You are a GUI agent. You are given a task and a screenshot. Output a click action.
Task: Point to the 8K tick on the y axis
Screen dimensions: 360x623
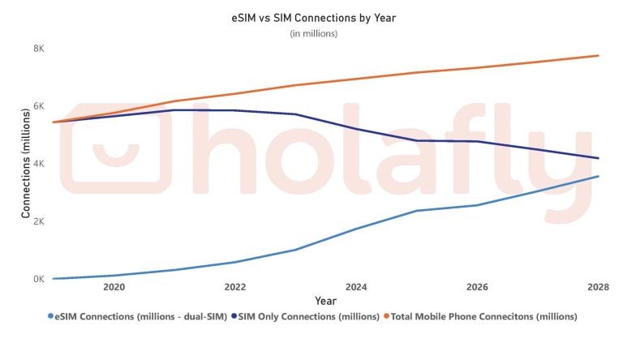[x=38, y=49]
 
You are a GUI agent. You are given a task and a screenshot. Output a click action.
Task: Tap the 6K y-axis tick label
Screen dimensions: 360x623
[x=38, y=106]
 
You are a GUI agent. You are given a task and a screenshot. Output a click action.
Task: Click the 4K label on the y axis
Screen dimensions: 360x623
[x=38, y=164]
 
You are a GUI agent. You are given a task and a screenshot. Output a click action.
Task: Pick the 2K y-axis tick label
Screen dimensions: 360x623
[x=38, y=221]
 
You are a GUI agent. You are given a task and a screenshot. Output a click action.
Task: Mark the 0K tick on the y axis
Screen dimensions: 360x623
[x=38, y=279]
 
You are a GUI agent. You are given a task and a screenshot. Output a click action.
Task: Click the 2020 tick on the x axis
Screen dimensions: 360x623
[x=114, y=288]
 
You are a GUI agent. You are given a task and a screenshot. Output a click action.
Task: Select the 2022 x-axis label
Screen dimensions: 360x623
[x=235, y=288]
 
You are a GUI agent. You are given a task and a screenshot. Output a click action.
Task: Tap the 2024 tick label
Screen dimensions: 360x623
[x=356, y=288]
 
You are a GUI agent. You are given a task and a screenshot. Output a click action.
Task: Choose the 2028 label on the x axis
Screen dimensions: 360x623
[x=598, y=288]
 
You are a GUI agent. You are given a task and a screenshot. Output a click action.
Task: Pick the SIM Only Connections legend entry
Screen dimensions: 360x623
[x=305, y=316]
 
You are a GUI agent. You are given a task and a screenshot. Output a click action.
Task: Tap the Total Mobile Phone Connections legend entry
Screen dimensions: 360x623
[x=483, y=316]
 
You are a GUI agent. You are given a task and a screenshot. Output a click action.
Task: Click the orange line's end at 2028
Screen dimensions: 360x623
[x=599, y=55]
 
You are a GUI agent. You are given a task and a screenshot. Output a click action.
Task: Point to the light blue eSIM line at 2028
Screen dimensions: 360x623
[x=599, y=176]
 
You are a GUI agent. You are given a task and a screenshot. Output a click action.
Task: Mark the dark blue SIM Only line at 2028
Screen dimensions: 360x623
[x=599, y=158]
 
